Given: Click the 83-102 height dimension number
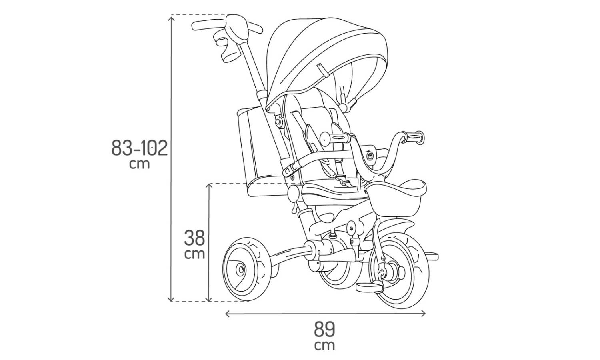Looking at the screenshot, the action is [140, 148].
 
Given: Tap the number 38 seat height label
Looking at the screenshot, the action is [194, 238].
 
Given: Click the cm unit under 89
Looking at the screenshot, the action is [325, 345].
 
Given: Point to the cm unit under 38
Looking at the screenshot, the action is [194, 254].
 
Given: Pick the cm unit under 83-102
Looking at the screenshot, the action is [139, 164].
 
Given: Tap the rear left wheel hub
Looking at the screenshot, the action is [240, 269].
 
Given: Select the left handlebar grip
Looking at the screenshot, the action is [335, 138].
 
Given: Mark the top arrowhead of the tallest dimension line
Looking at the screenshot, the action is [172, 18].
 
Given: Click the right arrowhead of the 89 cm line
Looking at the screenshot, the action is [423, 313].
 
